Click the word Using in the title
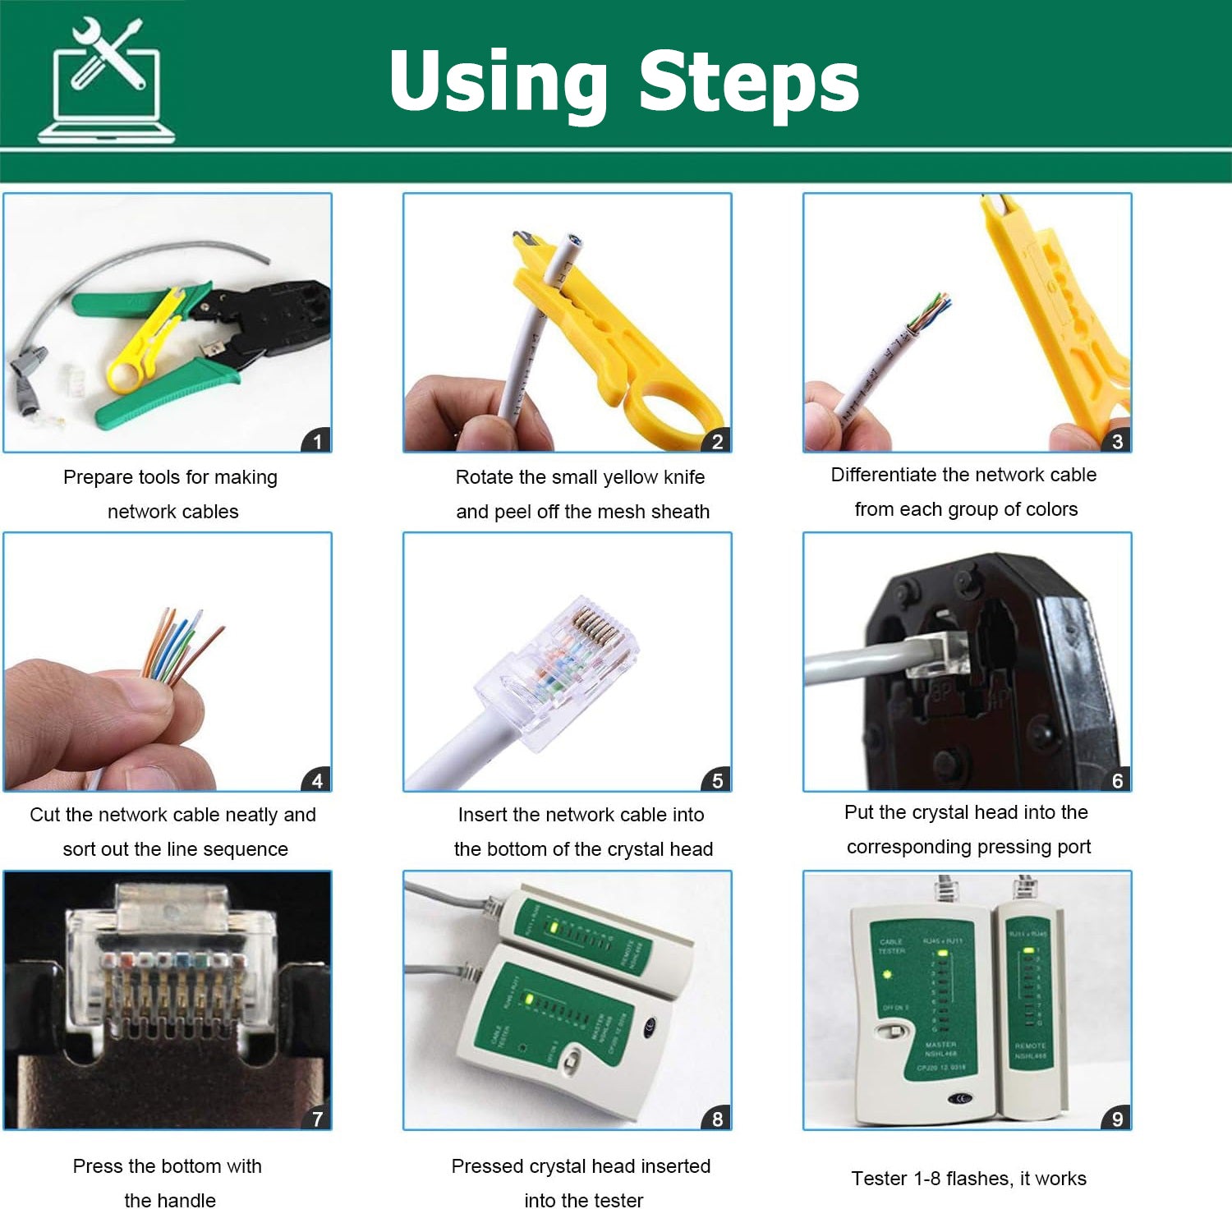pyautogui.click(x=499, y=82)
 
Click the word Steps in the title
pyautogui.click(x=748, y=82)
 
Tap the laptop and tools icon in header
pyautogui.click(x=107, y=82)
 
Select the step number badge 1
pyautogui.click(x=317, y=441)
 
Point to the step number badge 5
pyautogui.click(x=717, y=780)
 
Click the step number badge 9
pyautogui.click(x=1117, y=1119)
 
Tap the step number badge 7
pyautogui.click(x=317, y=1119)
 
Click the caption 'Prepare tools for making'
pyautogui.click(x=170, y=477)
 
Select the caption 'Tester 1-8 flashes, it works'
pyautogui.click(x=968, y=1179)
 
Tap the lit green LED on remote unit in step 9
pyautogui.click(x=1027, y=951)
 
